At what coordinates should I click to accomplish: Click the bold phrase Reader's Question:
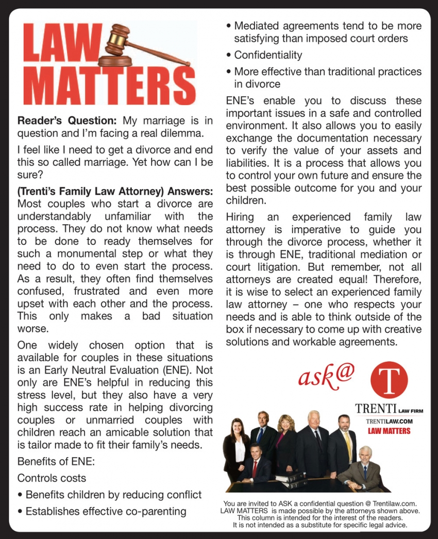[x=67, y=122]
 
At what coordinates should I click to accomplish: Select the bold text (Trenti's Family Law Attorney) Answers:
[x=115, y=191]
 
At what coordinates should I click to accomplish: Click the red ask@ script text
[x=326, y=376]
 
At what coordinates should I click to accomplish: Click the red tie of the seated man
[x=255, y=466]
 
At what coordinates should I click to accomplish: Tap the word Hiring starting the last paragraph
[x=240, y=217]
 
